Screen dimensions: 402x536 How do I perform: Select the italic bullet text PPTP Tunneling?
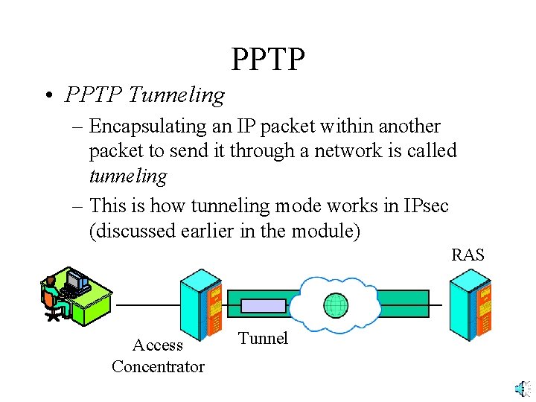point(144,95)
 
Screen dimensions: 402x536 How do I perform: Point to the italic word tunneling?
point(128,176)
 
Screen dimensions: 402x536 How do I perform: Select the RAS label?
point(468,255)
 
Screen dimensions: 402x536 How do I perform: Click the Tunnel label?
point(263,339)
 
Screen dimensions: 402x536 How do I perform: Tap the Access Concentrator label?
point(158,356)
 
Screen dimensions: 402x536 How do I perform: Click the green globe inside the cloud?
point(336,305)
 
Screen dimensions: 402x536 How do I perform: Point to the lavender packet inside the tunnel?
point(263,306)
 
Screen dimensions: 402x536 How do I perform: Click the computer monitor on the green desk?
point(77,280)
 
